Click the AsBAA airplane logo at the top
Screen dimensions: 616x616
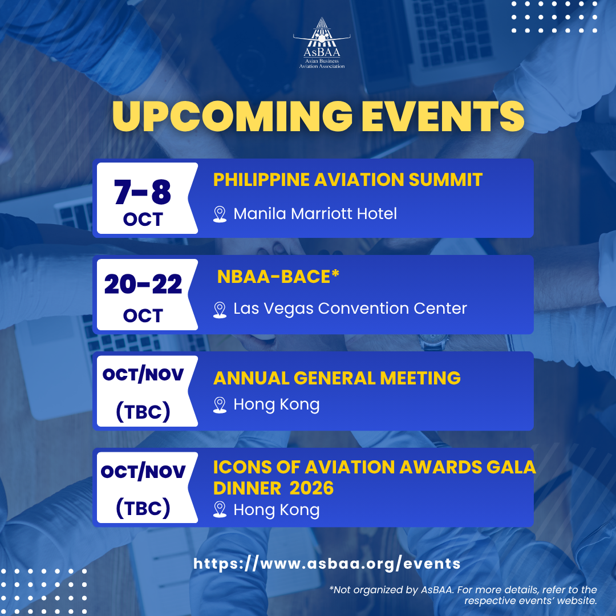click(322, 43)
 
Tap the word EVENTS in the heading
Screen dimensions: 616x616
click(443, 116)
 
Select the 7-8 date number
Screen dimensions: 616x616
click(143, 192)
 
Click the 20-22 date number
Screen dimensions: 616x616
click(143, 284)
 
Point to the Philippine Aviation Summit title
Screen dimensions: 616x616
click(348, 180)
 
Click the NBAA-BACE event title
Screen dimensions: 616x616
click(278, 277)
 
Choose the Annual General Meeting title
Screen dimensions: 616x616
click(337, 378)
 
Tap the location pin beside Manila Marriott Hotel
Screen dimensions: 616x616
click(220, 214)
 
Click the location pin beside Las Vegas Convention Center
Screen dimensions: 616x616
click(220, 310)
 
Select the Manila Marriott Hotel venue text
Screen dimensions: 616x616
click(315, 214)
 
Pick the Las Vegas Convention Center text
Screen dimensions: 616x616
click(350, 309)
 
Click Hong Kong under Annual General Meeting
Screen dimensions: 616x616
click(277, 405)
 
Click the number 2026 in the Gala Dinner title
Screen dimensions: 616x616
click(311, 488)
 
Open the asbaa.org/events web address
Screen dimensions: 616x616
click(327, 564)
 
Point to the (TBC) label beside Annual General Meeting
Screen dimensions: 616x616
click(143, 412)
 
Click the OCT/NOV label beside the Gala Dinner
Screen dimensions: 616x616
click(143, 472)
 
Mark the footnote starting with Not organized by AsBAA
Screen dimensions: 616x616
click(463, 595)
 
